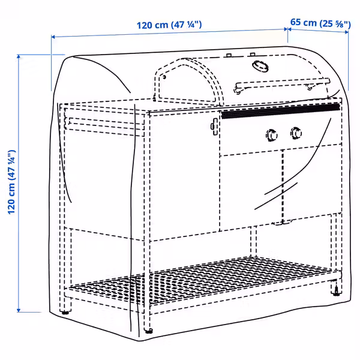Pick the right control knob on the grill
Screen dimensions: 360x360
pos(296,132)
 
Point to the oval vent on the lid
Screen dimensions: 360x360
pos(258,65)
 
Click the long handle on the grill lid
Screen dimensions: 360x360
pos(282,82)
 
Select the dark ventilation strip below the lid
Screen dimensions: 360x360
pos(279,110)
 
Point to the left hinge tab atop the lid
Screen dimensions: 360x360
pos(229,56)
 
